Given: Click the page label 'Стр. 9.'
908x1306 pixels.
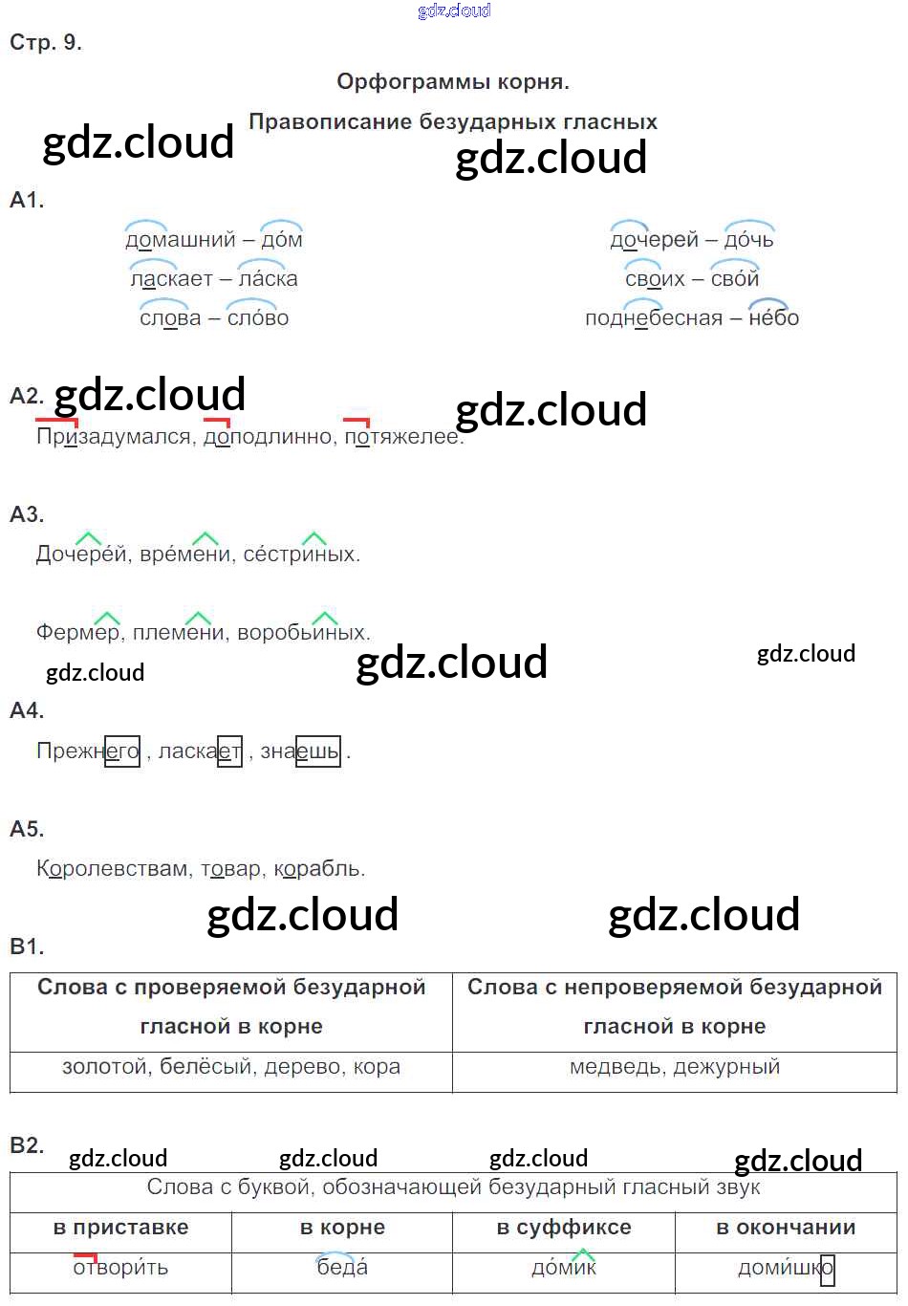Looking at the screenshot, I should [x=46, y=42].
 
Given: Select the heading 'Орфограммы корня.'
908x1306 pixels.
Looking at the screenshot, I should [x=453, y=82].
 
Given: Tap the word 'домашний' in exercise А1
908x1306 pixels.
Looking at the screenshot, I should [x=180, y=240].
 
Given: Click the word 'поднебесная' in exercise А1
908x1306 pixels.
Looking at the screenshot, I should [x=653, y=318].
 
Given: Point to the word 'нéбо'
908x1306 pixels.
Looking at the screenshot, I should [x=773, y=318].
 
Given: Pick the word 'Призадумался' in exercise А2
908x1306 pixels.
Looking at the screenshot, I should [x=113, y=437].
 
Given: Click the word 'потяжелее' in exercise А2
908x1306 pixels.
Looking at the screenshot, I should [x=402, y=437].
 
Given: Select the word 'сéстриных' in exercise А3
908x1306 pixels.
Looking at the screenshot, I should [x=300, y=555].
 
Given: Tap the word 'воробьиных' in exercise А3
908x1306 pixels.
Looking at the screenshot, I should [x=301, y=633].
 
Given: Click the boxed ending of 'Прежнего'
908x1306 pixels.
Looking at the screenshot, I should [x=122, y=751].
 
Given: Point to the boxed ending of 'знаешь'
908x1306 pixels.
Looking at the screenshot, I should [x=318, y=751].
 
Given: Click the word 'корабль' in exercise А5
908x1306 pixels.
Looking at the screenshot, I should [x=317, y=869].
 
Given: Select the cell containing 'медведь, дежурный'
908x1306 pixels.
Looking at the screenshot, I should [x=675, y=1067].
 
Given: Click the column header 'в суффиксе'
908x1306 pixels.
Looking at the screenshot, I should [x=564, y=1228].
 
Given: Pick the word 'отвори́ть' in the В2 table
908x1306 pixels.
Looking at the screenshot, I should [x=120, y=1269].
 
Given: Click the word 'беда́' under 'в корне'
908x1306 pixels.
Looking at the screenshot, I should [x=342, y=1269].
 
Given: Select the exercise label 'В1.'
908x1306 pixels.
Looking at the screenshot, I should [x=27, y=947].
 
